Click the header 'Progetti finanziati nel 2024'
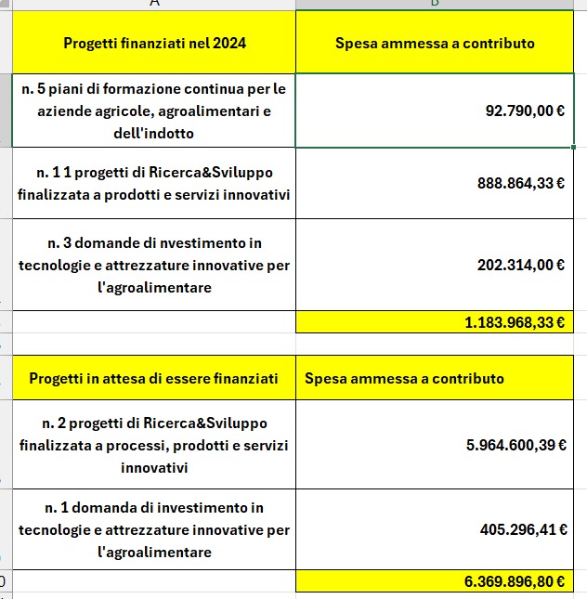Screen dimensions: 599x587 (x=154, y=43)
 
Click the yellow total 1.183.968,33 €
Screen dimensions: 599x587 (x=515, y=322)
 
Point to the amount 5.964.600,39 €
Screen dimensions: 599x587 (x=515, y=445)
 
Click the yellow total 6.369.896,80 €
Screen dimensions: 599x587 (x=515, y=581)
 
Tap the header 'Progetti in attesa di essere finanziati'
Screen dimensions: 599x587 (x=153, y=379)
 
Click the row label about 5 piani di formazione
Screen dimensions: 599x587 (x=154, y=111)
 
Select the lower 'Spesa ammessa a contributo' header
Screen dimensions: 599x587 (x=404, y=379)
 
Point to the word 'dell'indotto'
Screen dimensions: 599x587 (x=154, y=133)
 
